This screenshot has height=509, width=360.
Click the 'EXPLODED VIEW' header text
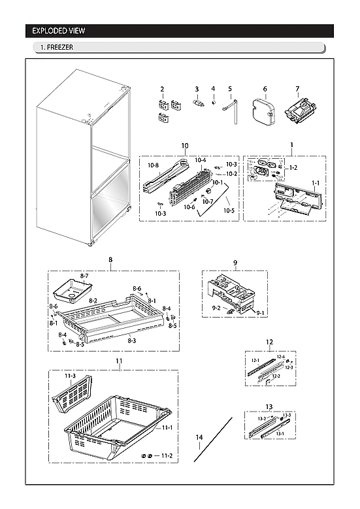pos(59,31)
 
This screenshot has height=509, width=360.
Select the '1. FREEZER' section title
pos(55,48)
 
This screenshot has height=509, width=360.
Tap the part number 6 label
pos(265,89)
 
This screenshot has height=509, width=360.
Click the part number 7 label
pos(297,89)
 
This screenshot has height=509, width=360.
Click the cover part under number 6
pos(265,110)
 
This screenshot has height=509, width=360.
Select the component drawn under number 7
pos(298,111)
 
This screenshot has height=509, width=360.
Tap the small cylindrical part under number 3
pos(197,104)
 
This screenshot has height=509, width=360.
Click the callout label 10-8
pos(154,166)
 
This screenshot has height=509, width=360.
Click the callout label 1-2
pos(293,168)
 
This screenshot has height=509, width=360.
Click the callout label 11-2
pos(167,455)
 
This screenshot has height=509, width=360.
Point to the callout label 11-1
pos(167,427)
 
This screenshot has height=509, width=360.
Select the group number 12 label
pos(269,342)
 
